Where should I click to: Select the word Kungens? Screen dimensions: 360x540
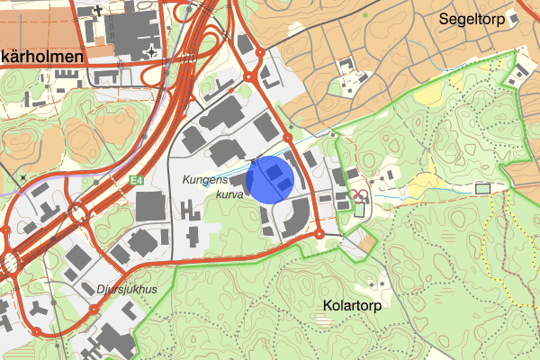(x=207, y=180)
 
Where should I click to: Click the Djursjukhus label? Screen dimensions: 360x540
(x=126, y=290)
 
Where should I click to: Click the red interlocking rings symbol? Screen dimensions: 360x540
(x=360, y=194)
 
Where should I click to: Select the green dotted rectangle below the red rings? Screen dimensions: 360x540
(x=360, y=210)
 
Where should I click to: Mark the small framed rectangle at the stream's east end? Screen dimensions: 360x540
(x=483, y=188)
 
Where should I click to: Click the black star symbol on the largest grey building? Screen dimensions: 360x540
(x=154, y=49)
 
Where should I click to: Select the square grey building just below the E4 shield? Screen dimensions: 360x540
(x=151, y=205)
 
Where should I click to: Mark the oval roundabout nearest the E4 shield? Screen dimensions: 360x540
(x=76, y=214)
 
